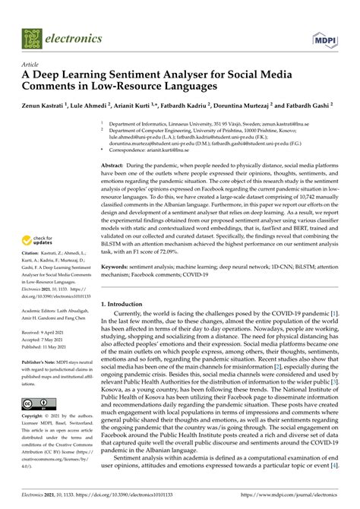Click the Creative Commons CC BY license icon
(x=36, y=381)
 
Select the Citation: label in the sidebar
(x=33, y=250)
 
